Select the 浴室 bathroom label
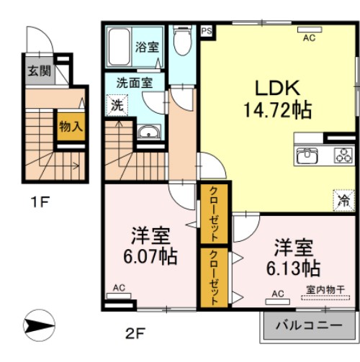[147, 48]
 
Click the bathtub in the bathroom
[118, 47]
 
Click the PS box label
[206, 32]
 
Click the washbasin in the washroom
[148, 132]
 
